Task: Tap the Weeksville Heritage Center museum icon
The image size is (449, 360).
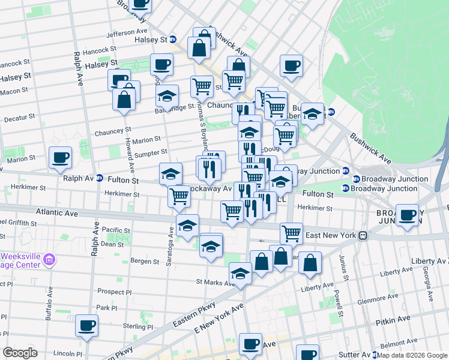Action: [x=50, y=259]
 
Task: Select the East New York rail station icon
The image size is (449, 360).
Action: [x=363, y=236]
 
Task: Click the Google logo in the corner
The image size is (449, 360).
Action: [x=20, y=353]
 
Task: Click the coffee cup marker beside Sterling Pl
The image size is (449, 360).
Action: [x=88, y=325]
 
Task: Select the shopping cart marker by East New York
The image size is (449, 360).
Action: [x=291, y=232]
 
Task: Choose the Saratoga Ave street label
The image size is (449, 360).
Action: [x=171, y=241]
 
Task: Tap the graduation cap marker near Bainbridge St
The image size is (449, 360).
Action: [x=167, y=96]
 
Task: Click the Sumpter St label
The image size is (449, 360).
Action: [x=151, y=153]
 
